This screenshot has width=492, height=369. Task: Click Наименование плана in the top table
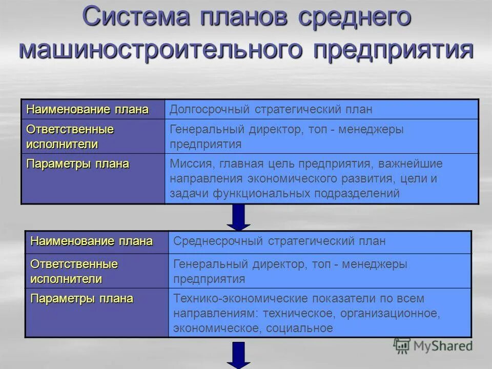pos(88,110)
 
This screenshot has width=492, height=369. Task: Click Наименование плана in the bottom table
pos(92,241)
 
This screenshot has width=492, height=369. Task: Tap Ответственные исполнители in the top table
pos(70,137)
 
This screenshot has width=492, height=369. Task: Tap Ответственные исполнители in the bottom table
pos(74,272)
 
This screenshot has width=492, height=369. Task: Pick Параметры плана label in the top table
pos(78,164)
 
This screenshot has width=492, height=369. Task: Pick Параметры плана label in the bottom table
pos(82,298)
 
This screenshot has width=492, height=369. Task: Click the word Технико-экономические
pos(240,298)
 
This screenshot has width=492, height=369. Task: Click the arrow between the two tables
pos(238,217)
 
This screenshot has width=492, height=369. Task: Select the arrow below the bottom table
pos(238,355)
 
